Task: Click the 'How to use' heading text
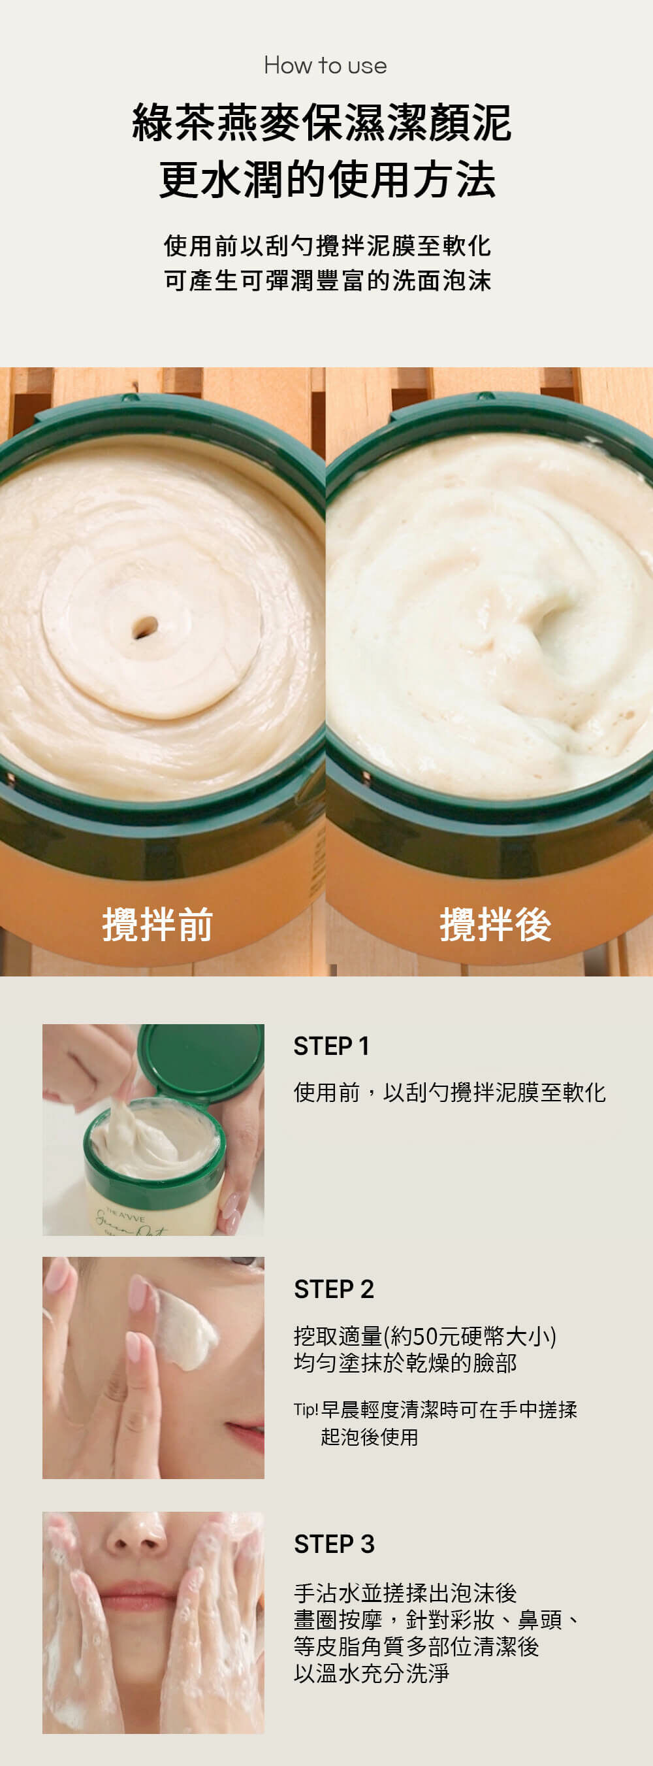point(325,66)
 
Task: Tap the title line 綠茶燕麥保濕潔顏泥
point(322,124)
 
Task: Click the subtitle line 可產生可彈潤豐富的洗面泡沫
point(327,280)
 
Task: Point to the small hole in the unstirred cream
point(144,627)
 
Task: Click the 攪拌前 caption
point(157,924)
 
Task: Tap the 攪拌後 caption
point(496,924)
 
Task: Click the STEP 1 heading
point(332,1046)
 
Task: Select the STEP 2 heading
point(334,1289)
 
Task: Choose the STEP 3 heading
point(334,1544)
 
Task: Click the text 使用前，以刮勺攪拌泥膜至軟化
point(449,1092)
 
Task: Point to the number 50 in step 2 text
point(426,1335)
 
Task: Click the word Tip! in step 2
point(306,1410)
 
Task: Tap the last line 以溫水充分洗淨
point(371,1673)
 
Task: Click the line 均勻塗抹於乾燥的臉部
point(405,1363)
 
